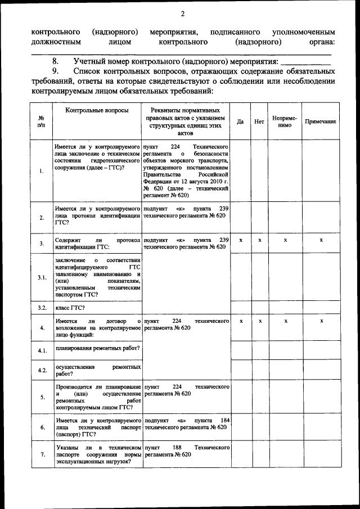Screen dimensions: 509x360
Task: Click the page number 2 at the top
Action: (x=182, y=14)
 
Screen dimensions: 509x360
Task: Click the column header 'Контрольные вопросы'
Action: (x=97, y=111)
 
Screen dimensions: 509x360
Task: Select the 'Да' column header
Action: (x=240, y=121)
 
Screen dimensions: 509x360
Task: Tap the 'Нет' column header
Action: (x=259, y=121)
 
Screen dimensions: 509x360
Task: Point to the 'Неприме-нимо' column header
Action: (x=285, y=121)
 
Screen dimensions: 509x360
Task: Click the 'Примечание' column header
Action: (x=321, y=121)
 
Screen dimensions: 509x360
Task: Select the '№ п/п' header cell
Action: (x=42, y=121)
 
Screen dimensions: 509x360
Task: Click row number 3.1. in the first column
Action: (x=42, y=277)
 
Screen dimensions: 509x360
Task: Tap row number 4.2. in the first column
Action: (x=42, y=370)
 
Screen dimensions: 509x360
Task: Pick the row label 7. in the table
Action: (x=42, y=454)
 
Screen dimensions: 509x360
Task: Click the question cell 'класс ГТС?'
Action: (x=70, y=308)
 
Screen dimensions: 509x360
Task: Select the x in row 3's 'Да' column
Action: (x=240, y=240)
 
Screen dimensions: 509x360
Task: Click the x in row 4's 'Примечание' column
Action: (x=321, y=321)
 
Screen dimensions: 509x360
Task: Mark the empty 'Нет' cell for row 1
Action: (x=259, y=170)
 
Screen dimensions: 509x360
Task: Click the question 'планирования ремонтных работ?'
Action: (x=97, y=349)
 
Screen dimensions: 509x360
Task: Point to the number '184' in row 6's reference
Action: (x=224, y=420)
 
